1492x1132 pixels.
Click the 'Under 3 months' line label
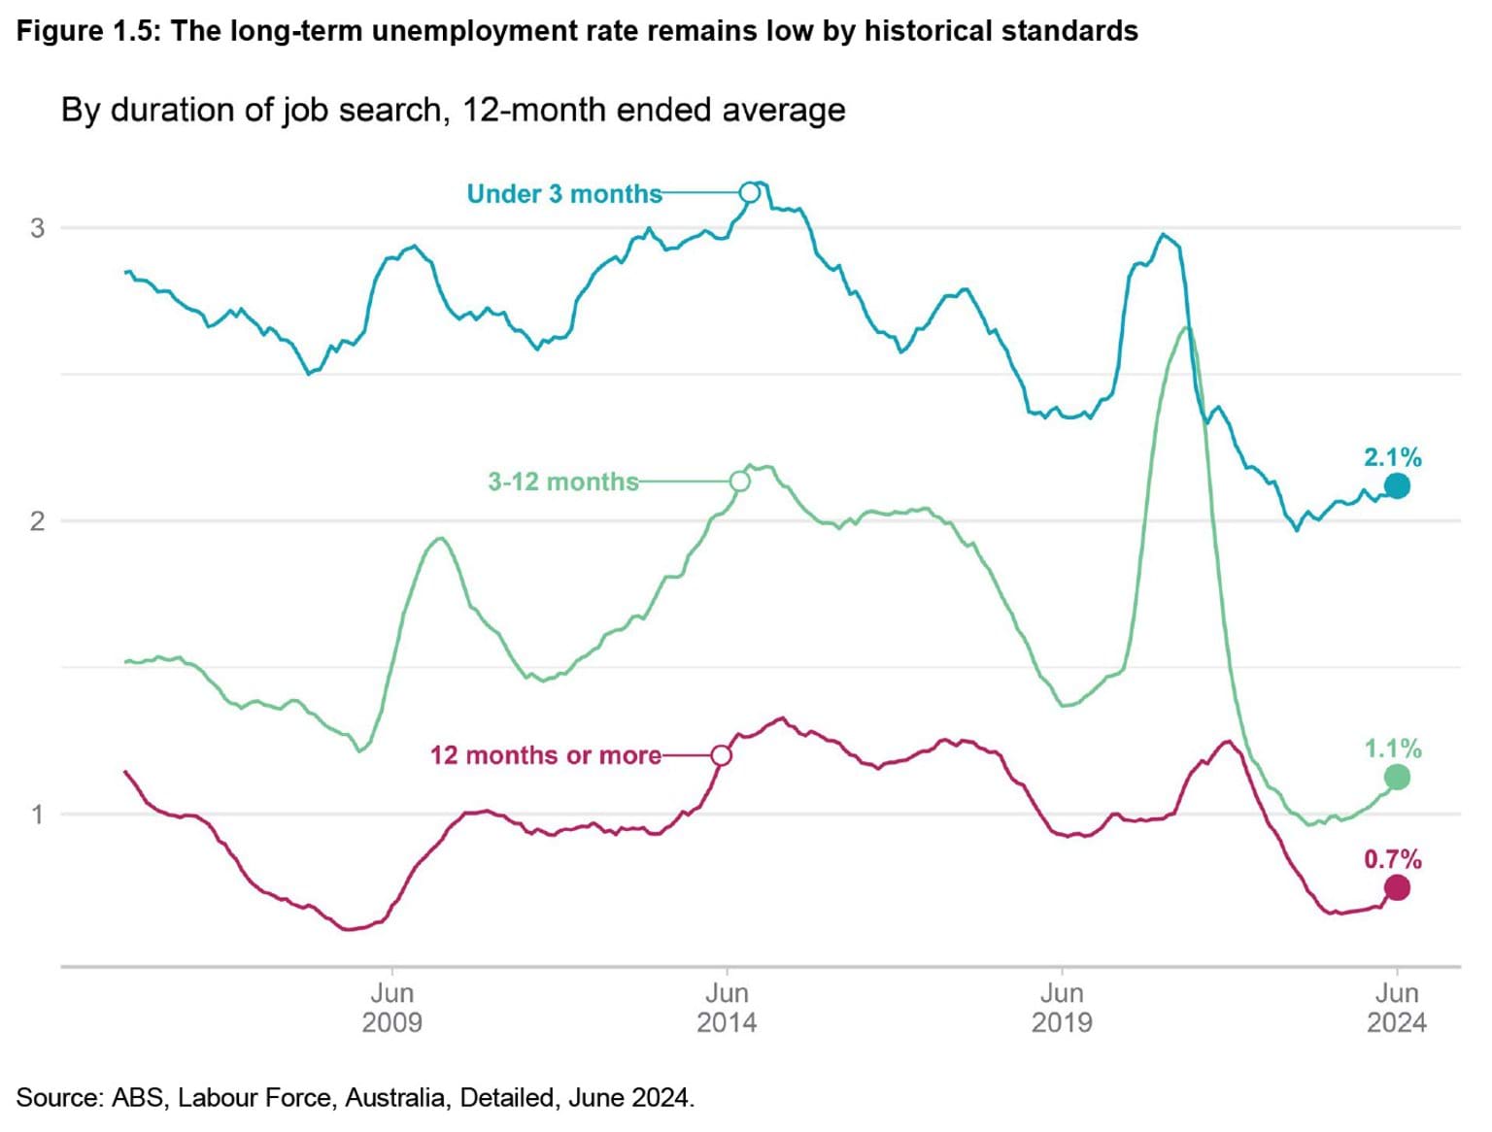coord(563,194)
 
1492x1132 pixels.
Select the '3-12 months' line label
coord(562,482)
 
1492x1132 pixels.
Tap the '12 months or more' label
coord(545,755)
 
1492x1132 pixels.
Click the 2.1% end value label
coord(1392,457)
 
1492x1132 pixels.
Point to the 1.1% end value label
coord(1392,749)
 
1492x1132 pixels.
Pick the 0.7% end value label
coord(1392,859)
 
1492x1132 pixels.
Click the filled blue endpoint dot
coord(1397,485)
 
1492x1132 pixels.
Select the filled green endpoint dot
coord(1397,777)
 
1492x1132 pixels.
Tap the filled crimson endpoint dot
coord(1397,887)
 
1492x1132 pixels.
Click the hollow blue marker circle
coord(749,192)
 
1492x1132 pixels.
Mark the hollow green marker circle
coord(739,482)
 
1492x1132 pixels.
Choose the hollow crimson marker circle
coord(721,755)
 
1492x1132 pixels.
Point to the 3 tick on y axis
coord(38,228)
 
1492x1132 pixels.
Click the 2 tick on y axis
coord(38,521)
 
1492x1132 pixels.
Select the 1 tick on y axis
coord(38,815)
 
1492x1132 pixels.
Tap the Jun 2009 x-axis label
coord(391,1008)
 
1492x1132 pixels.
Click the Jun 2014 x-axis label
coord(727,1008)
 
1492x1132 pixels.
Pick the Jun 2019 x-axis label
coord(1062,1008)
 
